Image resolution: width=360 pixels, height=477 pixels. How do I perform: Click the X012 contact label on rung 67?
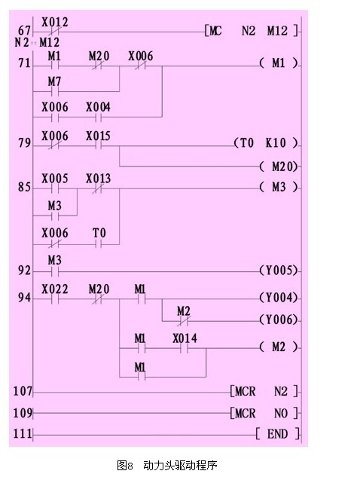(x=55, y=22)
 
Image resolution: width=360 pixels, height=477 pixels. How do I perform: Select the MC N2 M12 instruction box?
(x=252, y=31)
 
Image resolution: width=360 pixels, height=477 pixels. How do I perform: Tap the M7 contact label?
(x=54, y=81)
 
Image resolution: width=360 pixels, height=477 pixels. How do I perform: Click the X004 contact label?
(x=98, y=107)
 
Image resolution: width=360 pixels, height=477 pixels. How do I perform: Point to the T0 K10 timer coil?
(x=266, y=142)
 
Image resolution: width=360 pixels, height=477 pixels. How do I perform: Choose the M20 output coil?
(x=279, y=167)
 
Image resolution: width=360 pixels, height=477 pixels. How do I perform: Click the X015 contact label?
(x=98, y=136)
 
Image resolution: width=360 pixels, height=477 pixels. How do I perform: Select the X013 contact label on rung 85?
(x=98, y=179)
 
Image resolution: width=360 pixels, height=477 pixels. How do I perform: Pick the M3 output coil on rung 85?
(x=279, y=187)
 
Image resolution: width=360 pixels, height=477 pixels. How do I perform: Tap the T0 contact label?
(x=99, y=233)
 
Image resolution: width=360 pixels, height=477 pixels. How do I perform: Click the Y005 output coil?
(x=279, y=271)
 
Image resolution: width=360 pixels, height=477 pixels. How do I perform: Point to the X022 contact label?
(x=55, y=289)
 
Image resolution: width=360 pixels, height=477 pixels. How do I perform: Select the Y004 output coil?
(x=279, y=298)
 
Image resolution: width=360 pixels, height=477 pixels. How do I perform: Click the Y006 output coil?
(x=279, y=320)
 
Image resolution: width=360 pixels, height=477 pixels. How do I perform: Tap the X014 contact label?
(x=185, y=338)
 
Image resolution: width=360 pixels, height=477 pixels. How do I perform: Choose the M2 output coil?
(x=279, y=347)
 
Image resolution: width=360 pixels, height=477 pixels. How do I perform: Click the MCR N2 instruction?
(x=264, y=391)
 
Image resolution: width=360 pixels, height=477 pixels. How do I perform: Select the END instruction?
(x=278, y=434)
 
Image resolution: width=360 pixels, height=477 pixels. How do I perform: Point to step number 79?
(x=24, y=142)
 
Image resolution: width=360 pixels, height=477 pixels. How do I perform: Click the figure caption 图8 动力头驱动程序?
(x=167, y=466)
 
